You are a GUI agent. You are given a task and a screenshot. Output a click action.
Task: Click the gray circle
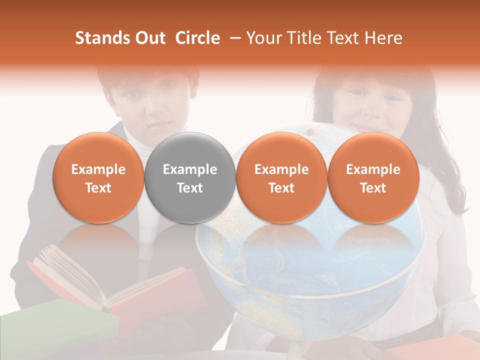point(190,177)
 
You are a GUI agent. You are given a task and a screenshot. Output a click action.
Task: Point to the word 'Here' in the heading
point(384,38)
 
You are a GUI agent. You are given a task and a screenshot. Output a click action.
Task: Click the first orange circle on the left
point(98,177)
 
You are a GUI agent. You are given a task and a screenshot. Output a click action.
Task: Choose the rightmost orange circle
point(373,177)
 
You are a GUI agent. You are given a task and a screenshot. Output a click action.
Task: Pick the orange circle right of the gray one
point(281,177)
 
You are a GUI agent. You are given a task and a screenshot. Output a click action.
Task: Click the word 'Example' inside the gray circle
point(190,169)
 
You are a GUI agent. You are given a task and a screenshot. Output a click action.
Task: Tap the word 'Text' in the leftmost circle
point(98,188)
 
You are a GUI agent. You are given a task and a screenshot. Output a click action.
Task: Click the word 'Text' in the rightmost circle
point(373,188)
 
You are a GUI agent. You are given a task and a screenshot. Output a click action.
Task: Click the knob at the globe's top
point(310,132)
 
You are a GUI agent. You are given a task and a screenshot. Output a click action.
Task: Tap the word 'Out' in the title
point(149,38)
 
